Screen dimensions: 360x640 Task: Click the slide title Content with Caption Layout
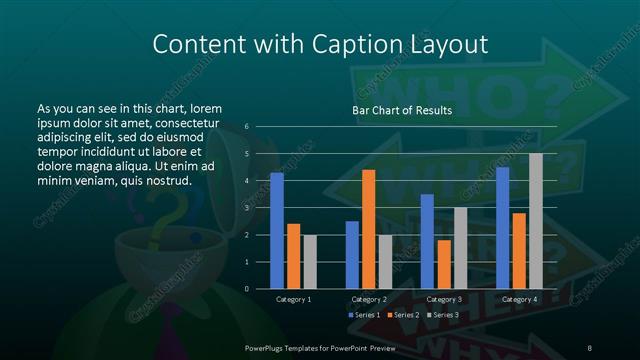point(320,44)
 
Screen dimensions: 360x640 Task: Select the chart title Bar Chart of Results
point(401,110)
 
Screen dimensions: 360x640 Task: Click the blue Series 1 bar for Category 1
point(276,230)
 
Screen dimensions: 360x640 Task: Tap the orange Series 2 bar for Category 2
point(368,229)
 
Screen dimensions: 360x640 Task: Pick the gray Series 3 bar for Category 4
point(536,221)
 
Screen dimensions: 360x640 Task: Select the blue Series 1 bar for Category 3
point(427,241)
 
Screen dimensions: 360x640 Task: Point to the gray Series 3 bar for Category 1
point(309,262)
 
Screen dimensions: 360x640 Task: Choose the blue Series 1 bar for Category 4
point(503,227)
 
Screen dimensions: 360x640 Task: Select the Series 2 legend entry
point(401,316)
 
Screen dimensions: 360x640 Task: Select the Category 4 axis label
point(519,299)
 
